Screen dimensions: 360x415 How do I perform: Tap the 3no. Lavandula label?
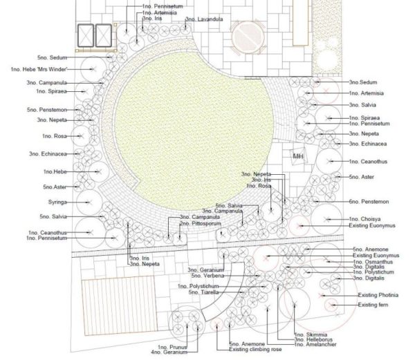(x=204, y=20)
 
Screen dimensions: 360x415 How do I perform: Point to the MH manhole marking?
(x=298, y=156)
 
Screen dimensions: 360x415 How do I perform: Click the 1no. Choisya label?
(x=367, y=220)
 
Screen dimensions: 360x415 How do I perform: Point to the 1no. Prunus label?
(x=172, y=347)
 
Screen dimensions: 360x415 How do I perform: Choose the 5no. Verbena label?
(x=204, y=277)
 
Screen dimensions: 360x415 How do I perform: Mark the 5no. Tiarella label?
(x=204, y=292)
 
